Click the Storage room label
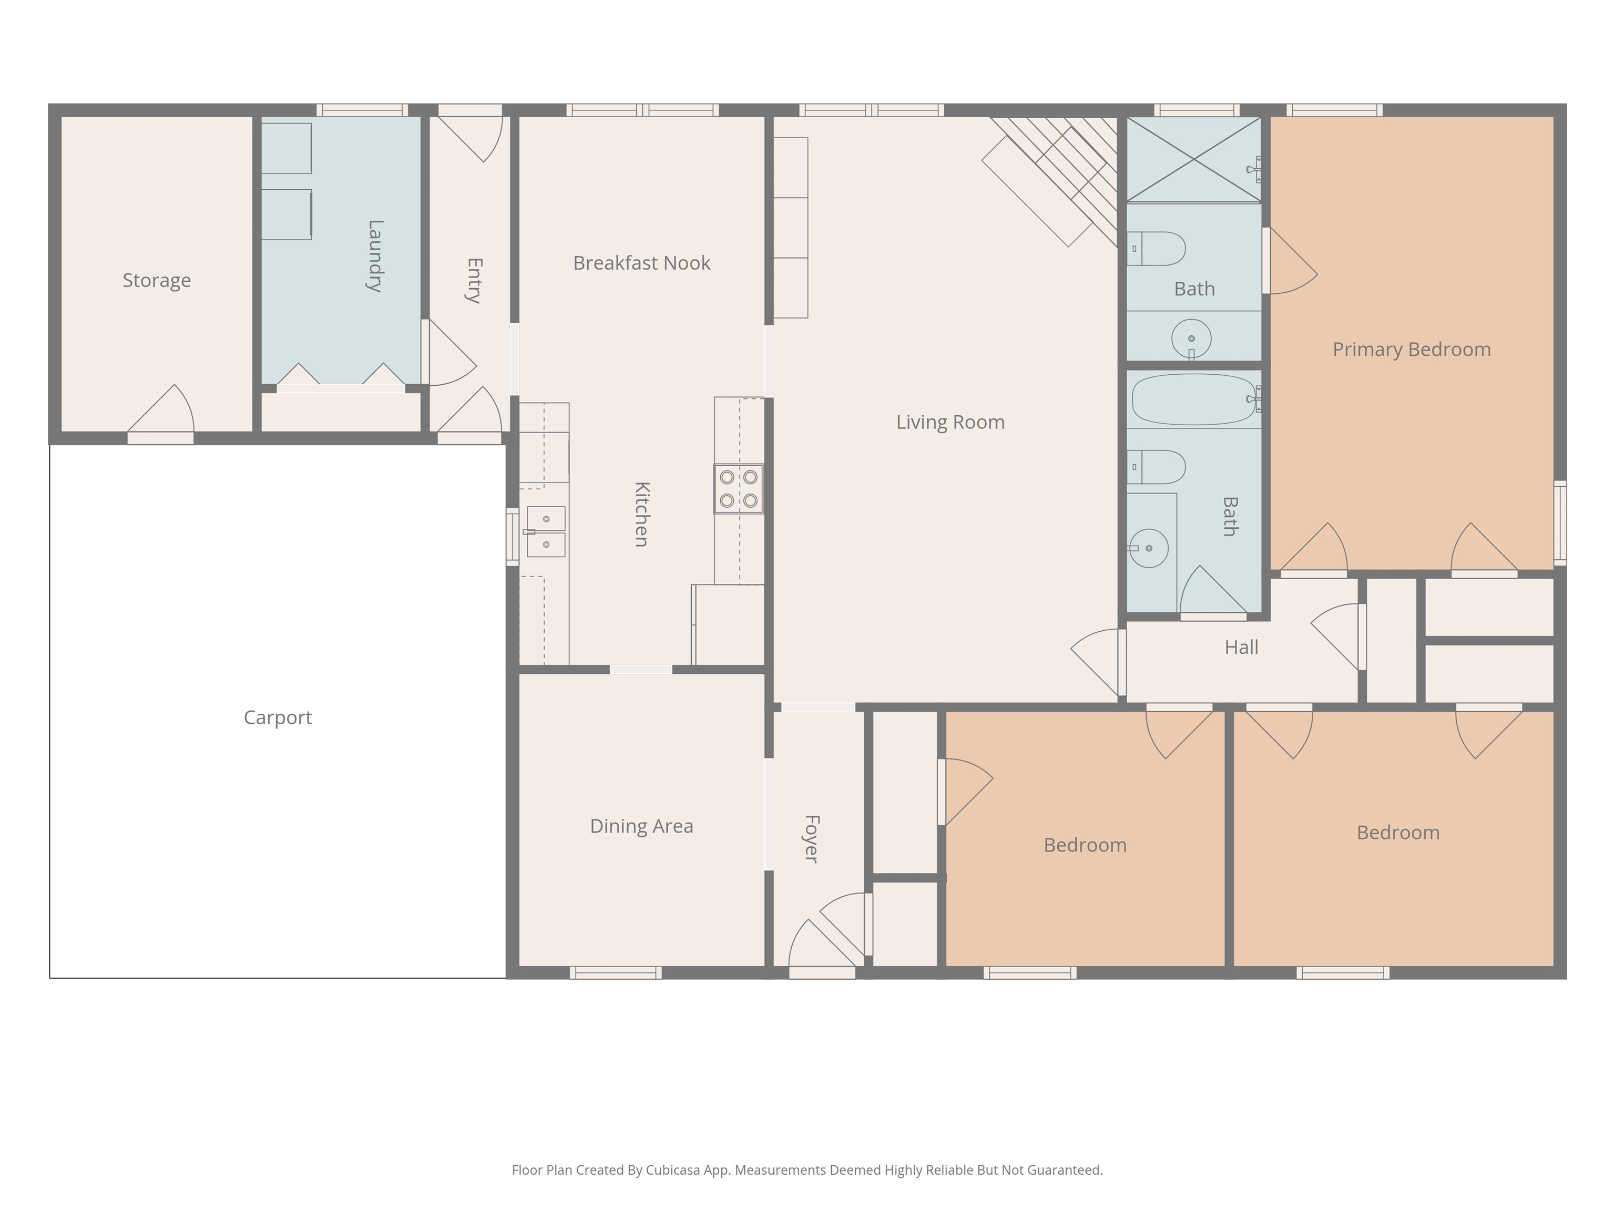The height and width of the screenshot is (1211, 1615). pos(157,280)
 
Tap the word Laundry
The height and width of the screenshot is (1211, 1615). pos(374,255)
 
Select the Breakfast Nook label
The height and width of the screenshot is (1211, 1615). pos(642,263)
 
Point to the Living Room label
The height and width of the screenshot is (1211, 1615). pos(950,422)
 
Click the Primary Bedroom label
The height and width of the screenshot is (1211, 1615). pos(1412,350)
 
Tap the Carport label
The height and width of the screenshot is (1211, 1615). pos(278,717)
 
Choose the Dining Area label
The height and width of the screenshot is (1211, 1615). pos(642,826)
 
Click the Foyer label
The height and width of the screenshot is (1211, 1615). pos(812,839)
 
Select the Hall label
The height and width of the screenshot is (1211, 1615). pos(1241,648)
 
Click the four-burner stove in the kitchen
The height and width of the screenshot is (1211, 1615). pos(738,488)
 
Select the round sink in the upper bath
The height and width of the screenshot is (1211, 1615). pos(1192,338)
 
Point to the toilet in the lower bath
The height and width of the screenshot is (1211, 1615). pos(1156,467)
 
